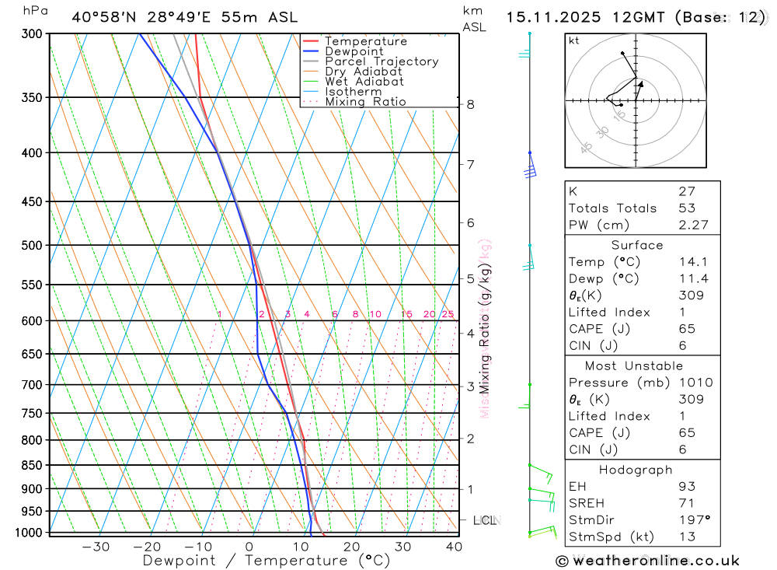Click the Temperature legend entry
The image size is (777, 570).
365,41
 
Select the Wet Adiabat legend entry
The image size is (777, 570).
364,82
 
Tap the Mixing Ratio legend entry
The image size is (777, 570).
365,102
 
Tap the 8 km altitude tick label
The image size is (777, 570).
470,105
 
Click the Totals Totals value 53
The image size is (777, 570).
686,208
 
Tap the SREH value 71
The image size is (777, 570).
686,503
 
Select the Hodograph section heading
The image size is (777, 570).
636,470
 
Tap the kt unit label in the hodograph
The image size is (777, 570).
573,41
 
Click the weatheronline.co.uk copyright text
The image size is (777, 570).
648,561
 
